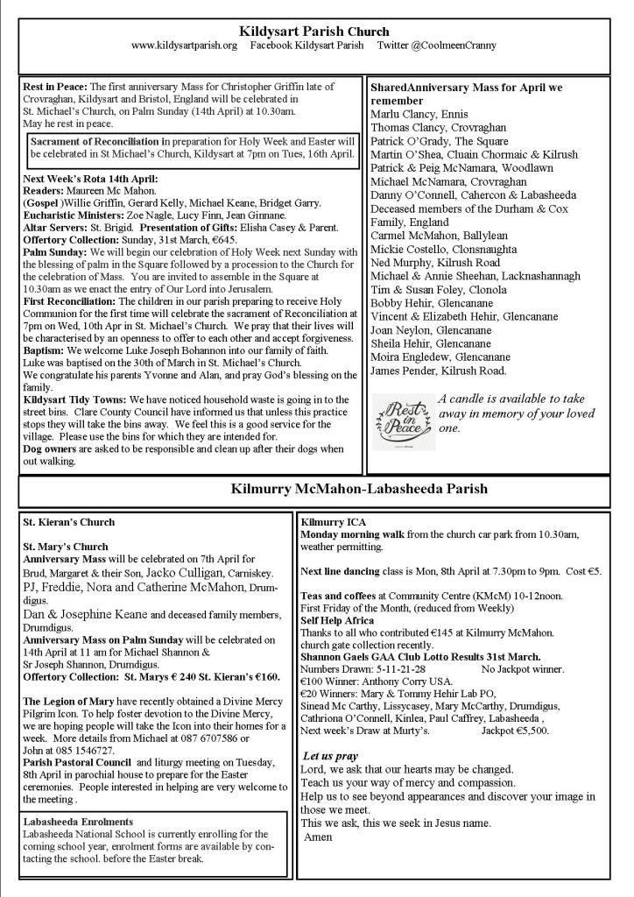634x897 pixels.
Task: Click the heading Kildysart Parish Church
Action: [316, 32]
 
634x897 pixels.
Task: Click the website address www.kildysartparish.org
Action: [184, 45]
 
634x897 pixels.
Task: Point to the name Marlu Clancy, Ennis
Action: [419, 114]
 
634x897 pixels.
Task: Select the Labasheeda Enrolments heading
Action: [78, 822]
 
